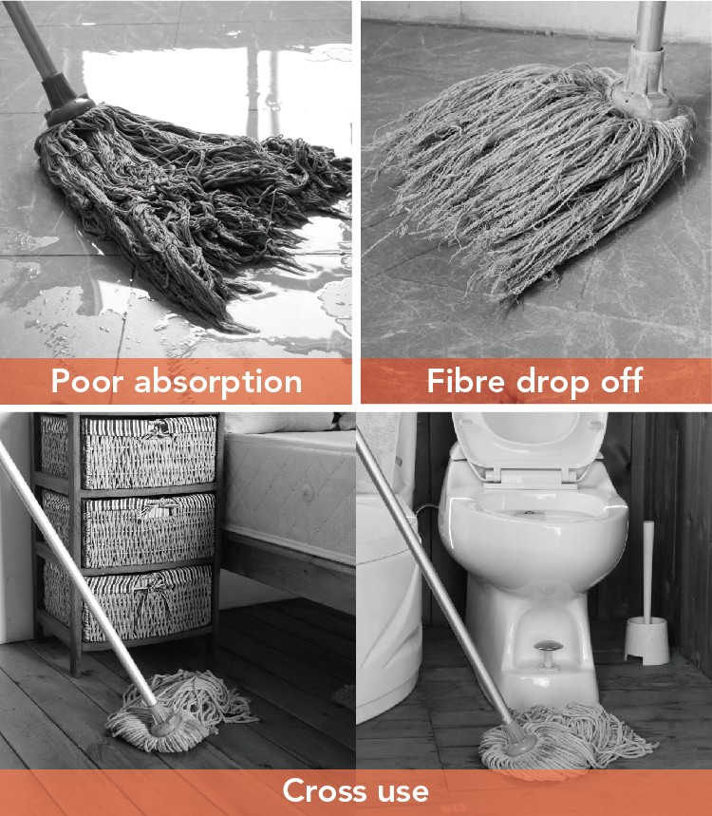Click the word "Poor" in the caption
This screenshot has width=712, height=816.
click(x=88, y=381)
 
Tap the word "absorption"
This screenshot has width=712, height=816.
click(x=218, y=383)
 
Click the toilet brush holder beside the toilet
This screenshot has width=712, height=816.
click(x=646, y=640)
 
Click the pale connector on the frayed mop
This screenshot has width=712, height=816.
click(x=644, y=83)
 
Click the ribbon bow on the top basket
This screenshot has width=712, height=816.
click(x=159, y=428)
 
